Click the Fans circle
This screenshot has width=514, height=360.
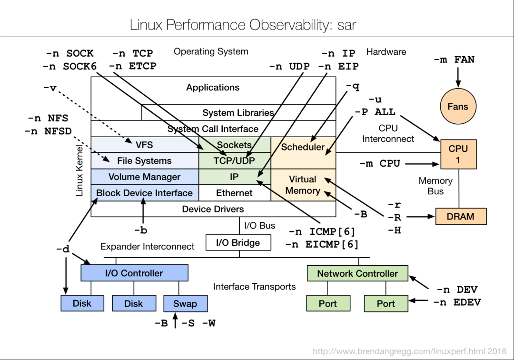tap(457, 107)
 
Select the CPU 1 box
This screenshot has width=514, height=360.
tap(458, 154)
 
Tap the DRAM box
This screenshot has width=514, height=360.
tap(461, 217)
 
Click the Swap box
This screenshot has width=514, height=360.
tap(185, 303)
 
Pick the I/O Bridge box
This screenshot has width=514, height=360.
tap(238, 242)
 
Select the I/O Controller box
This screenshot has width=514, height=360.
tap(134, 273)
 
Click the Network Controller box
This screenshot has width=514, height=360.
tap(357, 273)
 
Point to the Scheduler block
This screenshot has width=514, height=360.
tap(303, 147)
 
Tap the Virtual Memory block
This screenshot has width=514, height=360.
tap(303, 185)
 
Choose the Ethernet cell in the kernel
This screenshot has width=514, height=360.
tap(234, 193)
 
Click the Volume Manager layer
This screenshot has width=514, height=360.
tap(144, 177)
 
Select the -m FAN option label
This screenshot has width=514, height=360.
tap(454, 60)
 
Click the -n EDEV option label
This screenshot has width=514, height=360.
tap(456, 302)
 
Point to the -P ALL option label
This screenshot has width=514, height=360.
tap(375, 112)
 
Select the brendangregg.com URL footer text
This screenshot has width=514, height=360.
tap(409, 351)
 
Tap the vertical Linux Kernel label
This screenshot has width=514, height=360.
tap(80, 170)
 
